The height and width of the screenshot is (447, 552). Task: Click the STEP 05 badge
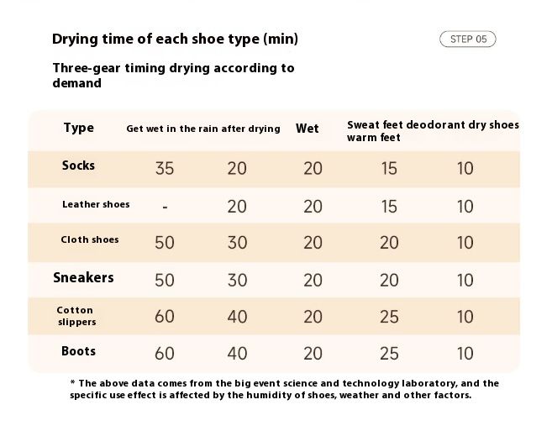[x=467, y=39]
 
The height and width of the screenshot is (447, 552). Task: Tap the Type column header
[x=79, y=128]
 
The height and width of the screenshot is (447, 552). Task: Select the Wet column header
[x=308, y=129]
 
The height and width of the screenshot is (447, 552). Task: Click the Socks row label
[x=78, y=166]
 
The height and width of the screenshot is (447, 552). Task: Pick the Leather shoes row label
[x=96, y=204]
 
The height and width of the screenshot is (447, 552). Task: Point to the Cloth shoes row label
[x=90, y=239]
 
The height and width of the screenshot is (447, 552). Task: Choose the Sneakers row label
[x=83, y=278]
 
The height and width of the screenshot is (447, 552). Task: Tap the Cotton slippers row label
[x=76, y=316]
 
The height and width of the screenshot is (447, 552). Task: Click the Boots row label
[x=78, y=351]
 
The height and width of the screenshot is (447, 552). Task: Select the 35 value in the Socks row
[x=165, y=168]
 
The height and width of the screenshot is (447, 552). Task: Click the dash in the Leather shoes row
[x=165, y=207]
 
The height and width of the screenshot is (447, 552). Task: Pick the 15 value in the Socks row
[x=389, y=168]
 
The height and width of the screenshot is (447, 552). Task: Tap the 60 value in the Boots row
[x=165, y=354]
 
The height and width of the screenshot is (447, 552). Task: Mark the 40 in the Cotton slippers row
[x=237, y=317]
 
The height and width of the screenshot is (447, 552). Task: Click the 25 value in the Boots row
[x=389, y=354]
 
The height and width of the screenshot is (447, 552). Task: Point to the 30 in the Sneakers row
[x=237, y=280]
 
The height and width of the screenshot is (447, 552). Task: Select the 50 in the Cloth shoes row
[x=165, y=243]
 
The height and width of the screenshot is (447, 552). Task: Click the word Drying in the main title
[x=75, y=39]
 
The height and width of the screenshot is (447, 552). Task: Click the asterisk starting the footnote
[x=73, y=382]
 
